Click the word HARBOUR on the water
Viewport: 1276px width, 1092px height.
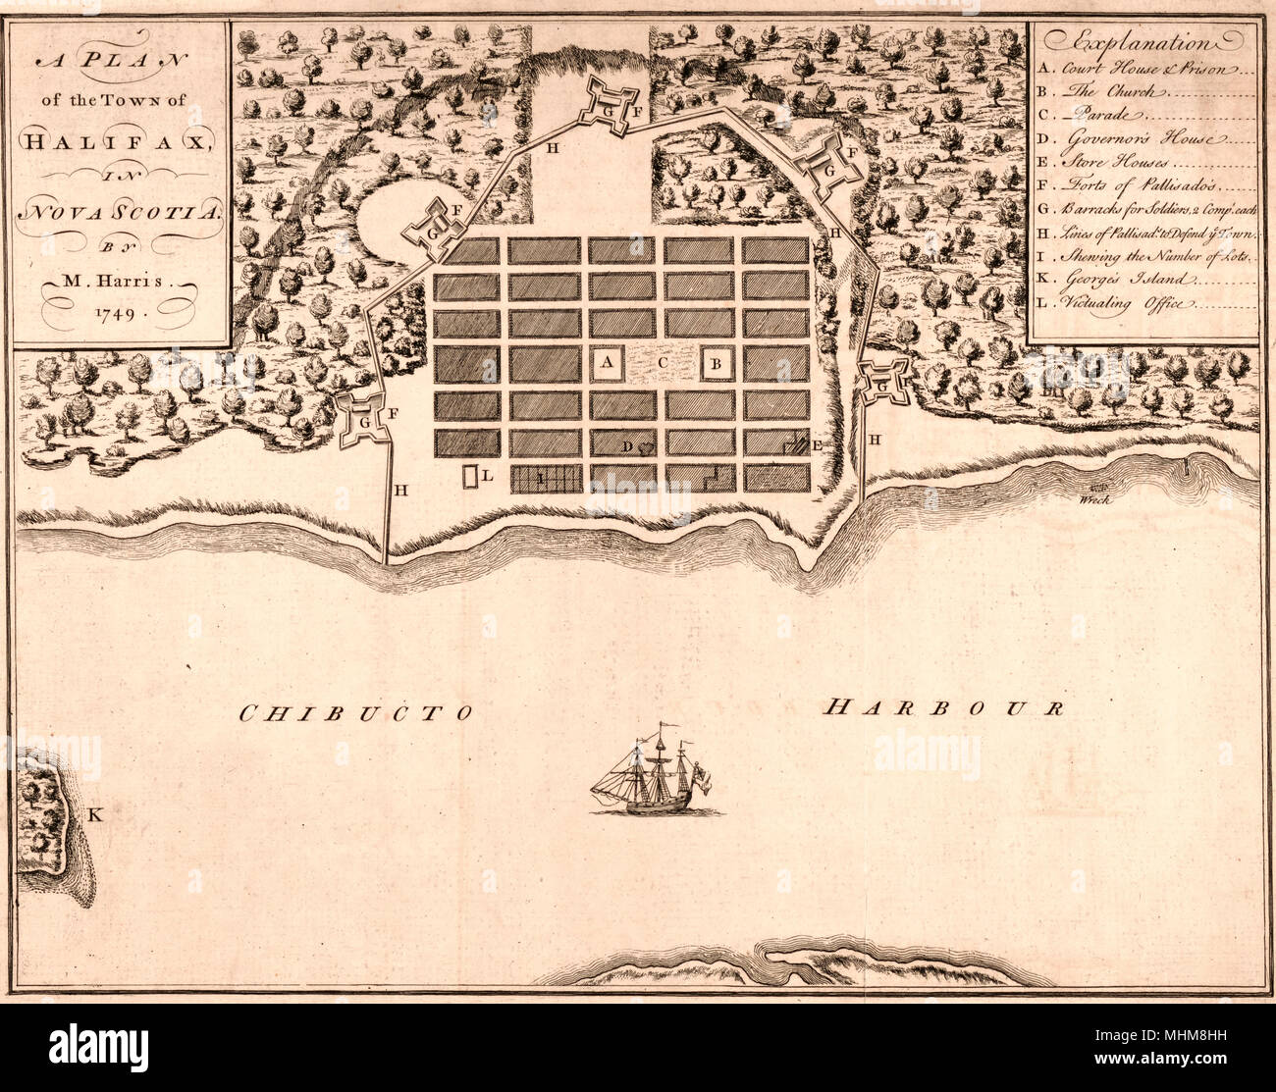click(942, 707)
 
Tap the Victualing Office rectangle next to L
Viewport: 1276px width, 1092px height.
click(470, 477)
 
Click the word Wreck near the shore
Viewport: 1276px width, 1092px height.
click(1092, 499)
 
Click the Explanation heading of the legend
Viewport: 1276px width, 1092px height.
click(1143, 43)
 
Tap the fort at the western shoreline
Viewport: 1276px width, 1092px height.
click(365, 420)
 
